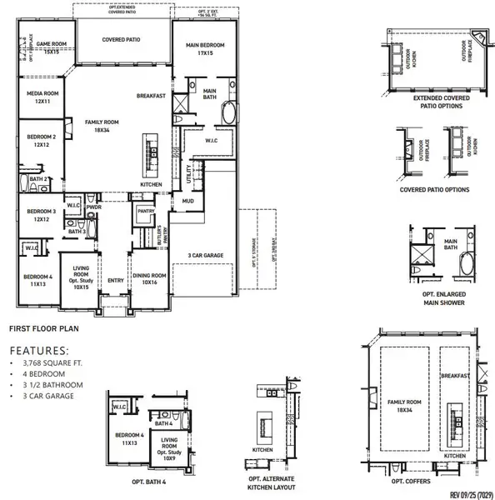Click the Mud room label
point(189,201)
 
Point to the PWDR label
point(105,207)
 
